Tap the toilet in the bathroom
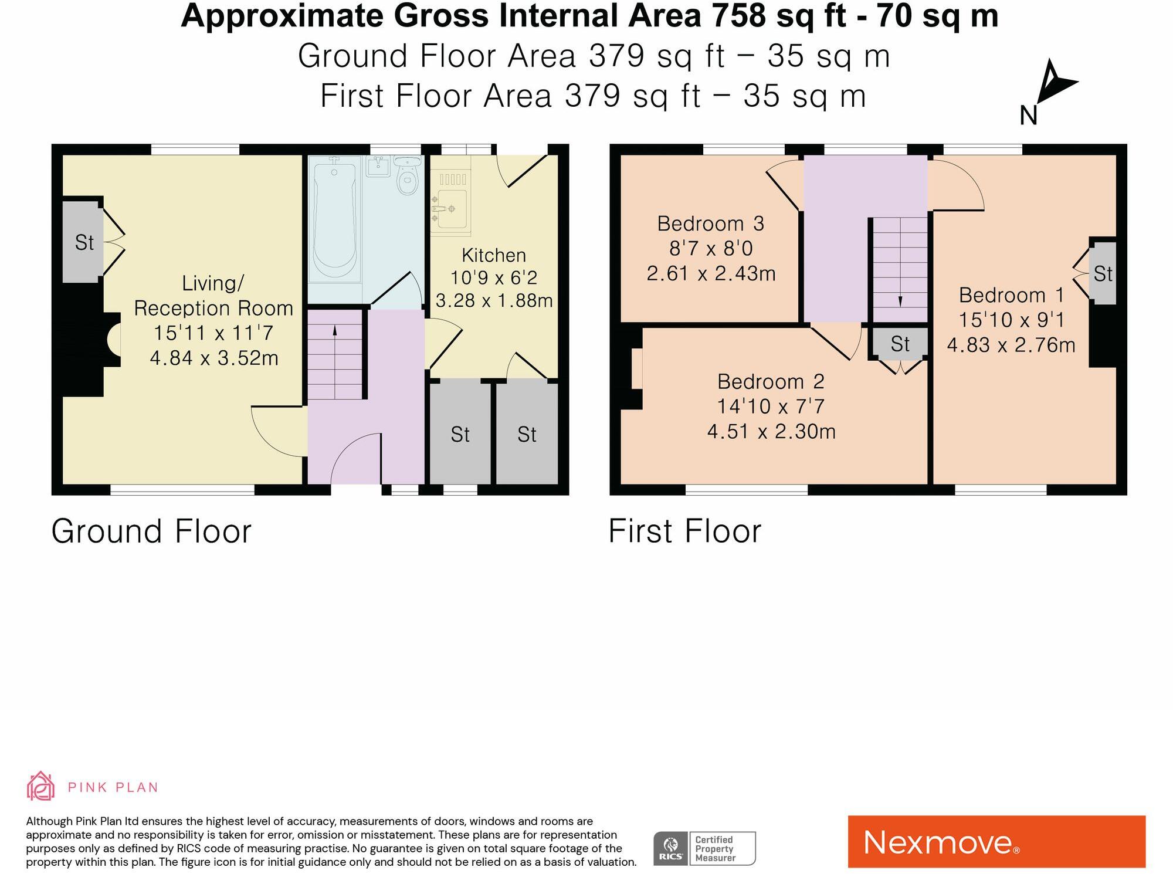click(x=406, y=177)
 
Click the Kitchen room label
click(x=494, y=255)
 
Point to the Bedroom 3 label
click(x=710, y=223)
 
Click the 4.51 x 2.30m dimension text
click(x=771, y=432)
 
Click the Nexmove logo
click(x=996, y=842)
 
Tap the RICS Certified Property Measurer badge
click(x=704, y=848)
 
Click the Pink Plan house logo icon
click(x=40, y=786)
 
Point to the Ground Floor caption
click(x=151, y=531)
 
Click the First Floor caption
click(x=684, y=531)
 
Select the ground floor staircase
click(x=335, y=354)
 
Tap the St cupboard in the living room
click(x=83, y=242)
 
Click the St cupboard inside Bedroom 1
click(x=1103, y=274)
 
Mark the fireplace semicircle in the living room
click(x=114, y=340)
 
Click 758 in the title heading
click(x=738, y=16)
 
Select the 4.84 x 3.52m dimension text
click(x=214, y=358)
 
